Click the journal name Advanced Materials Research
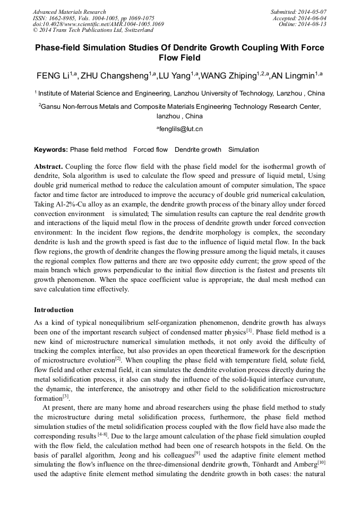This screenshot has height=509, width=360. tap(69, 12)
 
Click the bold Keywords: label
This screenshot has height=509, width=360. tap(51, 150)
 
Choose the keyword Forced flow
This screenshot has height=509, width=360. tap(150, 150)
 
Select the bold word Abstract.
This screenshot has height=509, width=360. tap(48, 166)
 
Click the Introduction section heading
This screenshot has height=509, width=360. tap(54, 309)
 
